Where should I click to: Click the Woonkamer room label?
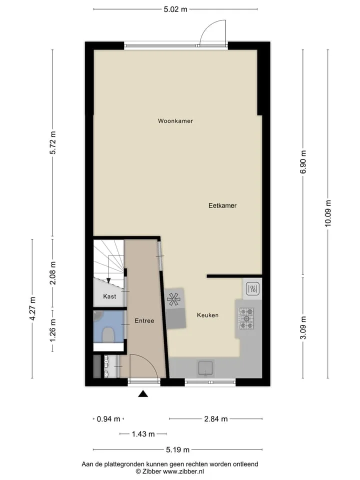[x=175, y=121]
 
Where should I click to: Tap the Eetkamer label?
[x=222, y=205]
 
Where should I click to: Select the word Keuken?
[x=208, y=315]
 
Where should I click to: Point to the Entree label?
[x=144, y=321]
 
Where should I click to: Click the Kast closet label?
[x=109, y=296]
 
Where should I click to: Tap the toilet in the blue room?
[x=108, y=334]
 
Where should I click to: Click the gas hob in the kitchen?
[x=246, y=318]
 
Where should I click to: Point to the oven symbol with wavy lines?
[x=252, y=288]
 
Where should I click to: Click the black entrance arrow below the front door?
[x=143, y=394]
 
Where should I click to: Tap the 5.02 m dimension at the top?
[x=175, y=9]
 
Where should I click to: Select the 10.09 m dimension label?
[x=328, y=213]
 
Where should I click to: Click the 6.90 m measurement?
[x=303, y=162]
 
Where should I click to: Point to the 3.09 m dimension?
[x=303, y=328]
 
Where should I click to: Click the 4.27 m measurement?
[x=32, y=308]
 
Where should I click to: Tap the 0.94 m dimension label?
[x=108, y=419]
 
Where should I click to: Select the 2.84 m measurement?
[x=216, y=419]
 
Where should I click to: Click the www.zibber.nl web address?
[x=183, y=471]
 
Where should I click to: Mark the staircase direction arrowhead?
[x=108, y=280]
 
